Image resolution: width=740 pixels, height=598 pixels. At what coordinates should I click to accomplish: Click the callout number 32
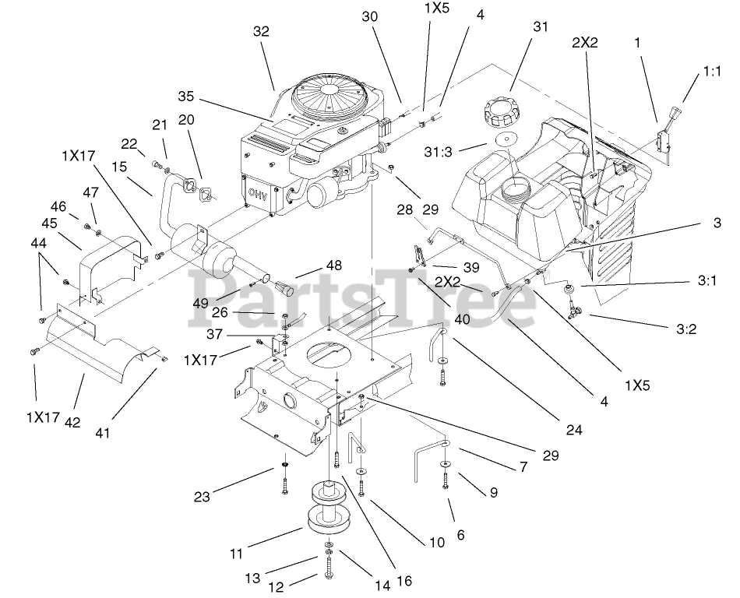(260, 32)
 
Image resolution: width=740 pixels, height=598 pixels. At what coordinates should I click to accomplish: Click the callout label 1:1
(711, 71)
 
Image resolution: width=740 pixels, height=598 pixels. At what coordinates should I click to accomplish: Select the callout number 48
(333, 265)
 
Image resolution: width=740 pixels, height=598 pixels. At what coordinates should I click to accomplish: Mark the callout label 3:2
(685, 329)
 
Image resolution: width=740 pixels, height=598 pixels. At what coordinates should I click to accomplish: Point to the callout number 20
(187, 119)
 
